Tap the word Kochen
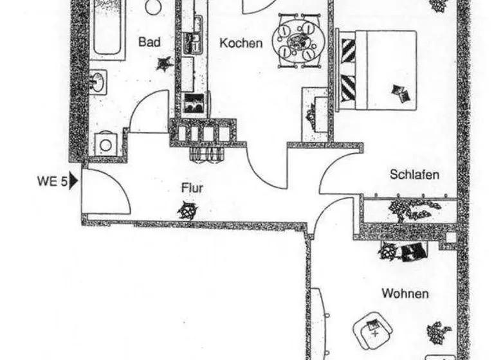point(241,43)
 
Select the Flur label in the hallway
point(192,188)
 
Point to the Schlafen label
point(415,174)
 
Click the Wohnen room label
point(405,294)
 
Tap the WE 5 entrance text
point(52,181)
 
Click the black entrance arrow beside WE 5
point(73,181)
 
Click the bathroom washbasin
point(98,82)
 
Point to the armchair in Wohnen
point(374,330)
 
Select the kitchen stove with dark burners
point(194,103)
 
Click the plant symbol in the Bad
point(165,63)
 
